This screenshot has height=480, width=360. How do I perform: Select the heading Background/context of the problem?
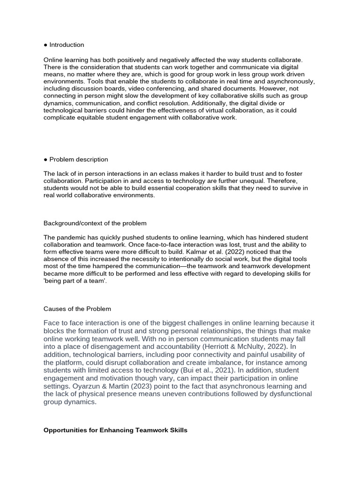pyautogui.click(x=95, y=223)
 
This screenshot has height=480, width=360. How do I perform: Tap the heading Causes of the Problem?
pyautogui.click(x=77, y=309)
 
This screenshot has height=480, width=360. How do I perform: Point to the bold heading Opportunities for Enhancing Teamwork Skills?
pyautogui.click(x=115, y=430)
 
